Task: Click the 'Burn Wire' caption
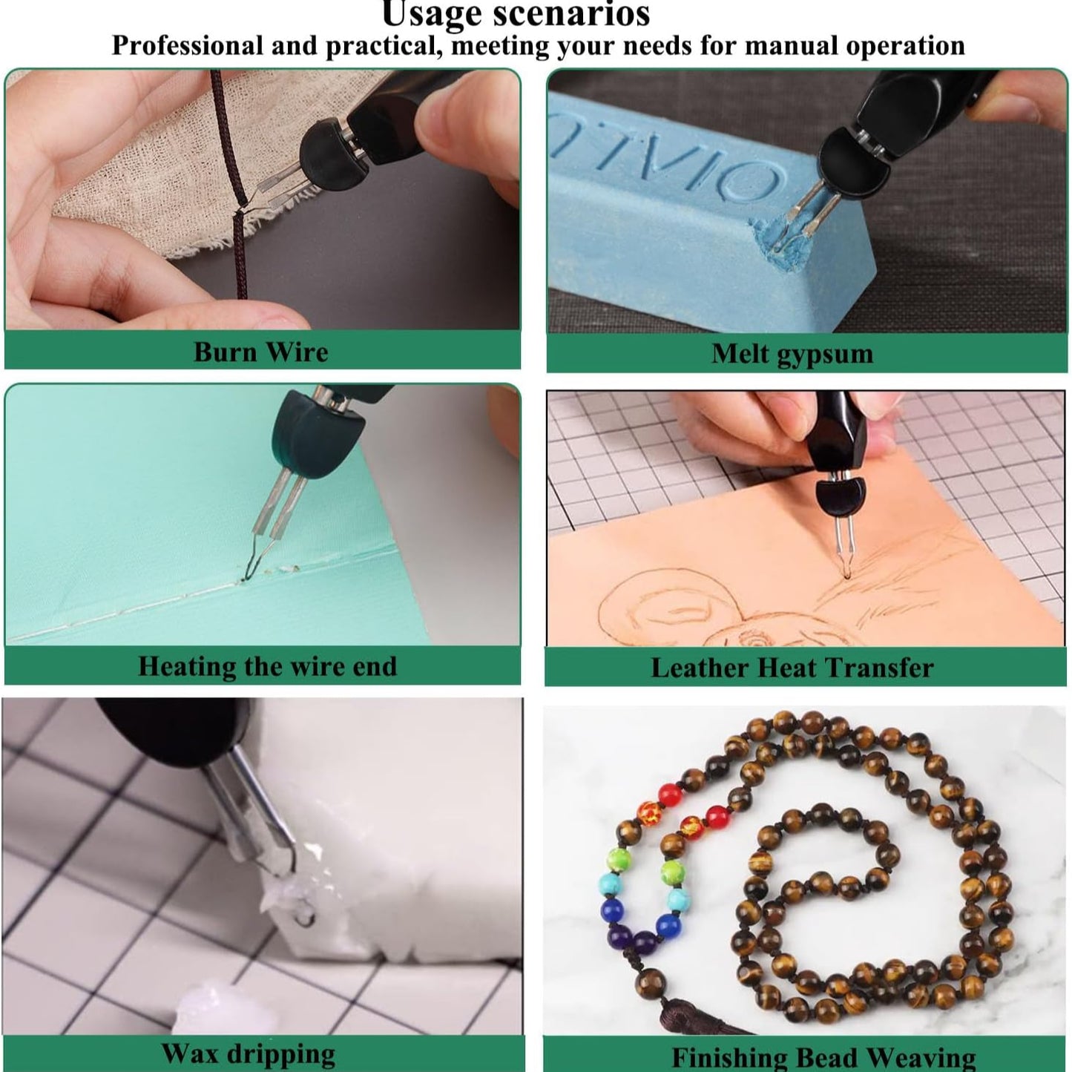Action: pos(260,352)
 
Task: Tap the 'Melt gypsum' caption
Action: pos(792,353)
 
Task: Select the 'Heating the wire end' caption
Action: pos(267,665)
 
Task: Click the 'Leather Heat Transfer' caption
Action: pos(792,668)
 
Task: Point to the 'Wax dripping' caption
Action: pos(248,1053)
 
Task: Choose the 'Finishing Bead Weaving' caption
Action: pos(823,1056)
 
